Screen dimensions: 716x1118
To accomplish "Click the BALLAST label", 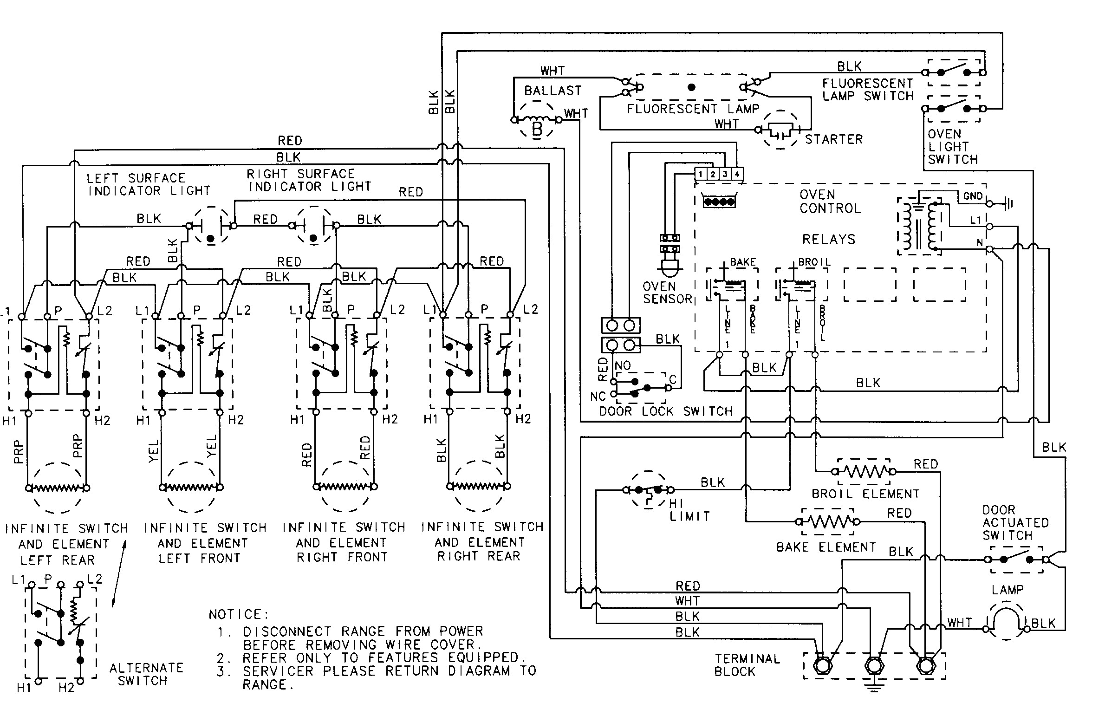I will pyautogui.click(x=552, y=91).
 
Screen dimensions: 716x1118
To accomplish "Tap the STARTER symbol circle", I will pyautogui.click(x=780, y=130).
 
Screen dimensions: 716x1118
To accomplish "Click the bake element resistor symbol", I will pyautogui.click(x=828, y=521).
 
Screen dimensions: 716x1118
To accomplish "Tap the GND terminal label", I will pyautogui.click(x=973, y=196).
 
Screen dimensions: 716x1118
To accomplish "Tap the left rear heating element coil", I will pyautogui.click(x=57, y=488).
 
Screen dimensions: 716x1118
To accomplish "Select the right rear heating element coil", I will pyautogui.click(x=478, y=486).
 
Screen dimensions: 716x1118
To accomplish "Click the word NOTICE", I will pyautogui.click(x=238, y=615).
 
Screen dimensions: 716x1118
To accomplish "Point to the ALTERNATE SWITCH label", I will pyautogui.click(x=146, y=674).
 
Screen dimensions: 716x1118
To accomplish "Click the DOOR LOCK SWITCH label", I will pyautogui.click(x=665, y=411).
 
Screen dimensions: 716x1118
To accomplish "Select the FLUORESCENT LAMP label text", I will pyautogui.click(x=693, y=109).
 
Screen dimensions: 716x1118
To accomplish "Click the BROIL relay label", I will pyautogui.click(x=814, y=262).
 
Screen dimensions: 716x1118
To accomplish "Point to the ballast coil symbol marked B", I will pyautogui.click(x=537, y=124).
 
